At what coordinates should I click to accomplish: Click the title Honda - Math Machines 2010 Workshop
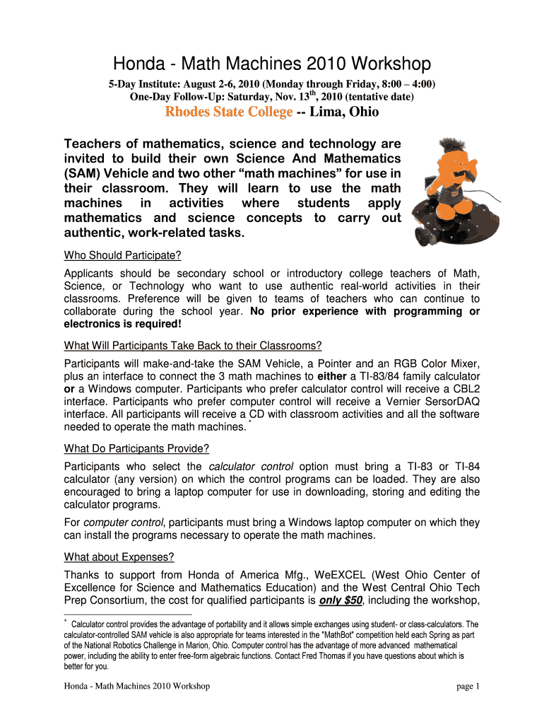tap(272, 64)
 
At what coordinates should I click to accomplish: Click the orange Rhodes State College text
tap(228, 112)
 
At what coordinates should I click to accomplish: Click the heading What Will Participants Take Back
tap(193, 345)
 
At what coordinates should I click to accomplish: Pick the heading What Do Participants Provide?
tap(136, 448)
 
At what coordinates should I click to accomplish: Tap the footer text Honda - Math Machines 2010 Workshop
tap(136, 687)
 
